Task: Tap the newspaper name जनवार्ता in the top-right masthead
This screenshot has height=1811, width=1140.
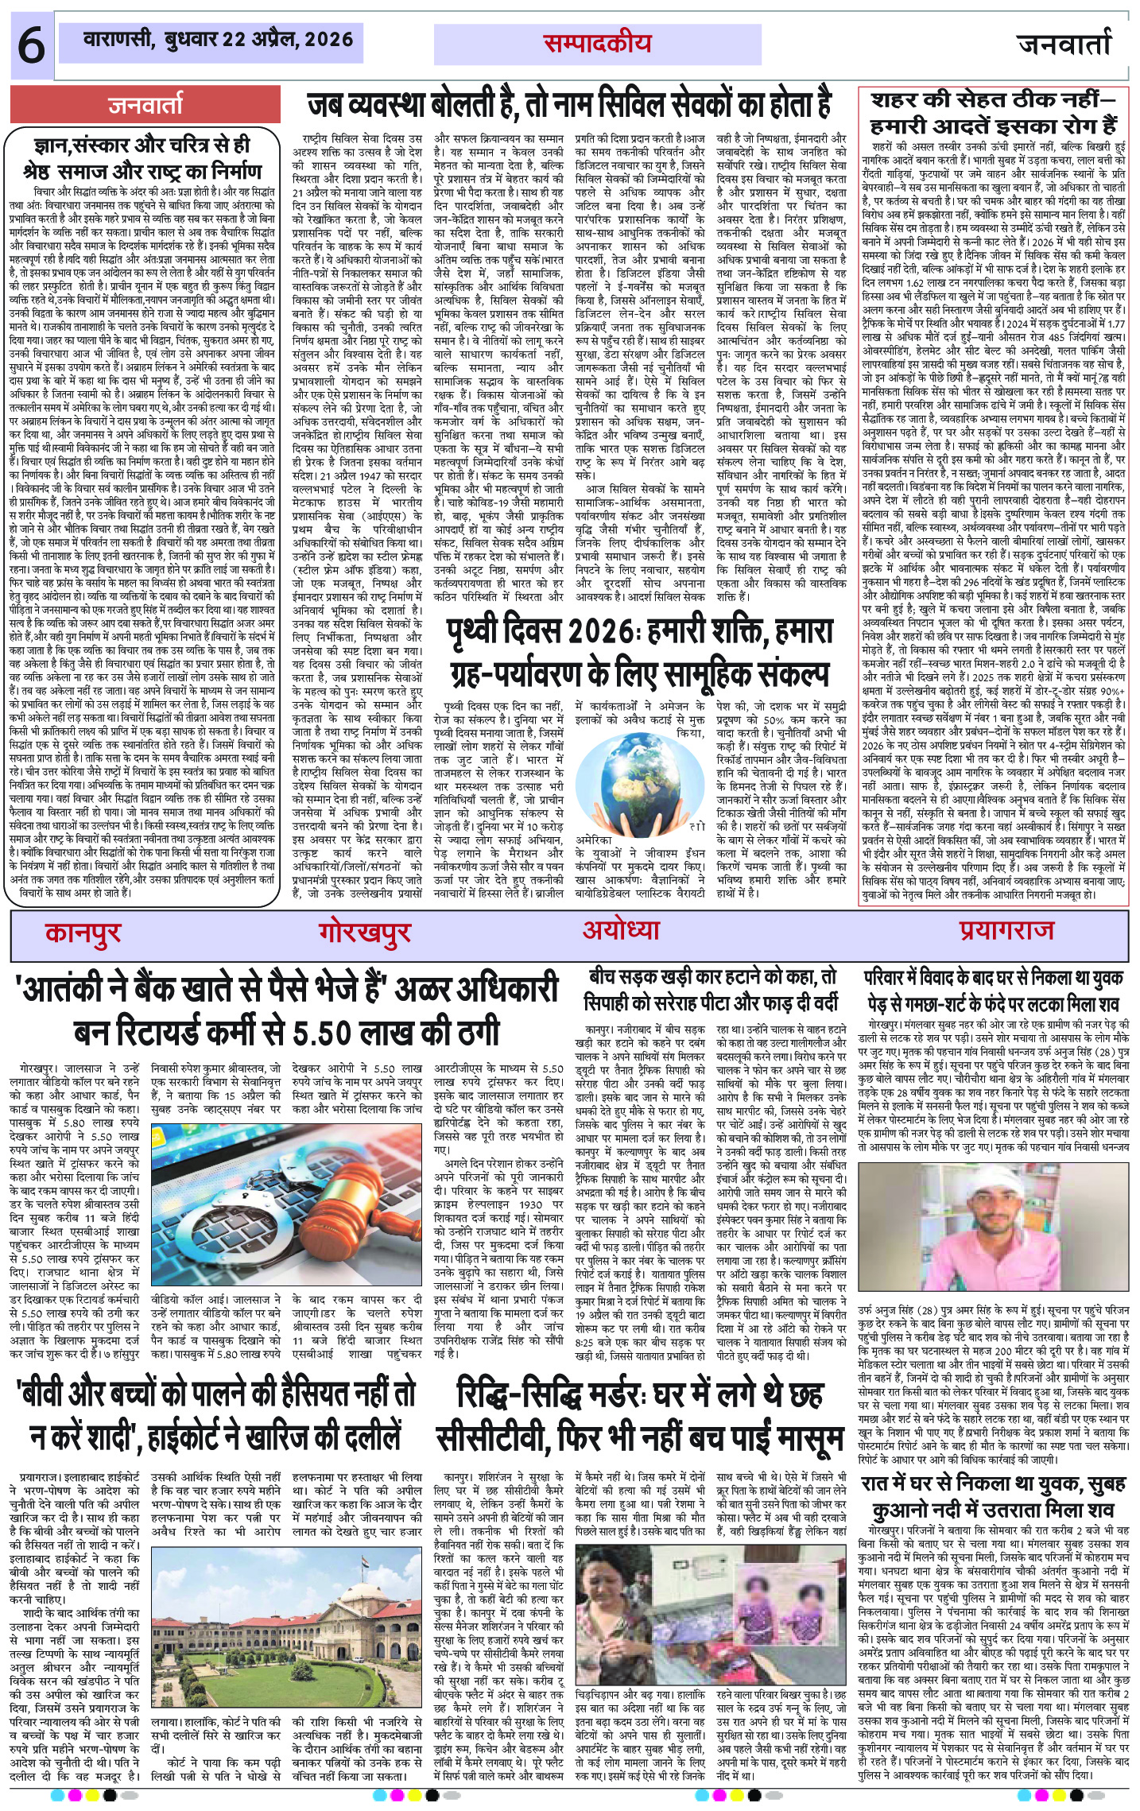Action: coord(1064,44)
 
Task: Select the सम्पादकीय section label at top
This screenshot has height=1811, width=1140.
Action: coord(597,44)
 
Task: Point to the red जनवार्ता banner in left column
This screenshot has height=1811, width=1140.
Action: coord(146,105)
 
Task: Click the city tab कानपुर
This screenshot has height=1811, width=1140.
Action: coord(83,932)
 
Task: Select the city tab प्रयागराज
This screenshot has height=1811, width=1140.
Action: coord(1006,930)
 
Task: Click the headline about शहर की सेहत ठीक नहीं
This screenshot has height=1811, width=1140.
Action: coord(994,112)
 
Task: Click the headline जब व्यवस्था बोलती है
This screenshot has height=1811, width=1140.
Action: coord(570,105)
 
